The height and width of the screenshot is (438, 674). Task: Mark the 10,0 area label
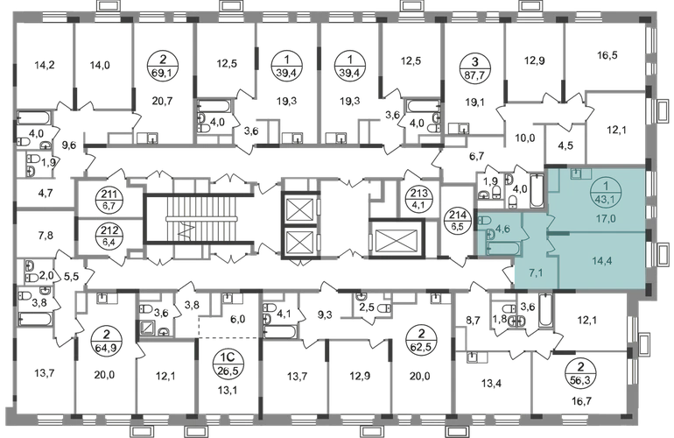point(523,138)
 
